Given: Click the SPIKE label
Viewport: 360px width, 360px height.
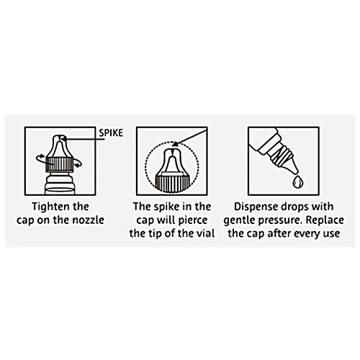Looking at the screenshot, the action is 111,133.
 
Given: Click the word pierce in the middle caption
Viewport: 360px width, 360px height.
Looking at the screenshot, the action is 193,220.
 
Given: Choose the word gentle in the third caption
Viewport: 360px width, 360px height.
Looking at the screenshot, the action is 238,220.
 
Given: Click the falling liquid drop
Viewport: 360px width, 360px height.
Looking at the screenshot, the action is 298,181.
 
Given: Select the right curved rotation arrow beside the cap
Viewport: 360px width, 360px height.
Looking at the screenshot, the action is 77,163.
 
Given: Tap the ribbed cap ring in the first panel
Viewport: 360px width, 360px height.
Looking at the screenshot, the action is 59,164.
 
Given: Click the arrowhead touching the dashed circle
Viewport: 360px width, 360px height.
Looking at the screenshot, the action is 176,144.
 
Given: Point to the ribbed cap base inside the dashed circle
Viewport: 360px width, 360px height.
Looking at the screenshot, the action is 172,183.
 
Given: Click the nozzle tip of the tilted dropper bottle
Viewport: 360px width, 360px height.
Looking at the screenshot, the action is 294,171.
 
